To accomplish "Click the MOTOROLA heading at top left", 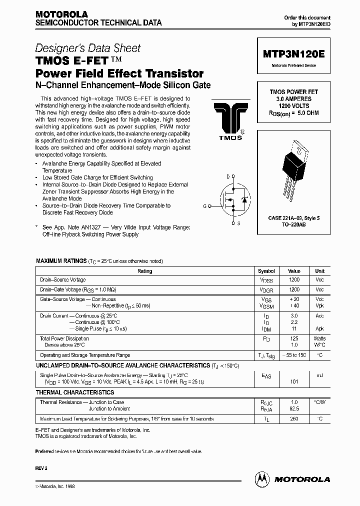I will pyautogui.click(x=61, y=14).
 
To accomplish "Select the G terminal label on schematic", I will pyautogui.click(x=204, y=205).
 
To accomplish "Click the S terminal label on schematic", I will pyautogui.click(x=238, y=223).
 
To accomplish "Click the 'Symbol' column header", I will pyautogui.click(x=266, y=270).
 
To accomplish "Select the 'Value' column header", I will pyautogui.click(x=294, y=270).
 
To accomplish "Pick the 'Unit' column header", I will pyautogui.click(x=319, y=270).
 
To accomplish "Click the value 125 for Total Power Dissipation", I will pyautogui.click(x=294, y=338).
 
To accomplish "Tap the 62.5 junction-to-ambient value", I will pyautogui.click(x=294, y=408).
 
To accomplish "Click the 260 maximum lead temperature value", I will pyautogui.click(x=294, y=419).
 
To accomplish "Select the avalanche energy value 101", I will pyautogui.click(x=294, y=381).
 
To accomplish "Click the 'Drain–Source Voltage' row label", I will pyautogui.click(x=63, y=280).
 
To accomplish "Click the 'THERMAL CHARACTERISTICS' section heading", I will pyautogui.click(x=75, y=392).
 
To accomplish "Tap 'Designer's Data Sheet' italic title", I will pyautogui.click(x=87, y=48).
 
